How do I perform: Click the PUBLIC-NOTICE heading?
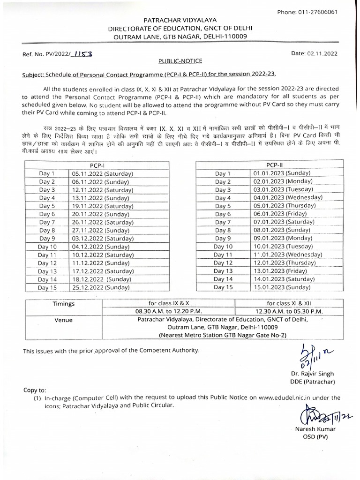[x=180, y=61]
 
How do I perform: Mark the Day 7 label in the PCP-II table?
[x=223, y=222]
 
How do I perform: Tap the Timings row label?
[x=64, y=304]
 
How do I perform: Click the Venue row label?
[x=64, y=320]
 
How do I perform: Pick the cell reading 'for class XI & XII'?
[x=289, y=304]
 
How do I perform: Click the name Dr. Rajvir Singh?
[x=312, y=374]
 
